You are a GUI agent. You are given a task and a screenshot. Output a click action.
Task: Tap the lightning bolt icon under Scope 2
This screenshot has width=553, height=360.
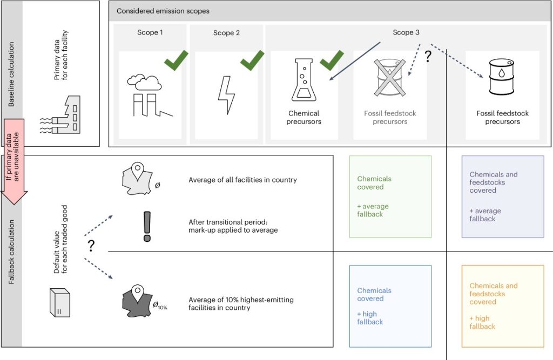pyautogui.click(x=226, y=94)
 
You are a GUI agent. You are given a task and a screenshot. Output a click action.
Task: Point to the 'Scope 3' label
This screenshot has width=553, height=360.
pyautogui.click(x=406, y=32)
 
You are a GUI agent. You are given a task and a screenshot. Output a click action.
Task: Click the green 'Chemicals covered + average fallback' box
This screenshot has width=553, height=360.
pyautogui.click(x=390, y=196)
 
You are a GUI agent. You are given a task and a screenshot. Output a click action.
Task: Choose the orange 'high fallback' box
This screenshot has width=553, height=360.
pyautogui.click(x=502, y=305)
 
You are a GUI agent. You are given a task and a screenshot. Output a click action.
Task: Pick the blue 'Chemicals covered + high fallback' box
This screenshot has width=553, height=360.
pyautogui.click(x=390, y=305)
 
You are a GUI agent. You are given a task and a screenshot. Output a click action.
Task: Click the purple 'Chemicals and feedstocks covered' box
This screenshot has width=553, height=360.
pyautogui.click(x=502, y=196)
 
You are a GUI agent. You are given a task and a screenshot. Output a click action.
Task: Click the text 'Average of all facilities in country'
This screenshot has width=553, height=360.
pyautogui.click(x=242, y=180)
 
